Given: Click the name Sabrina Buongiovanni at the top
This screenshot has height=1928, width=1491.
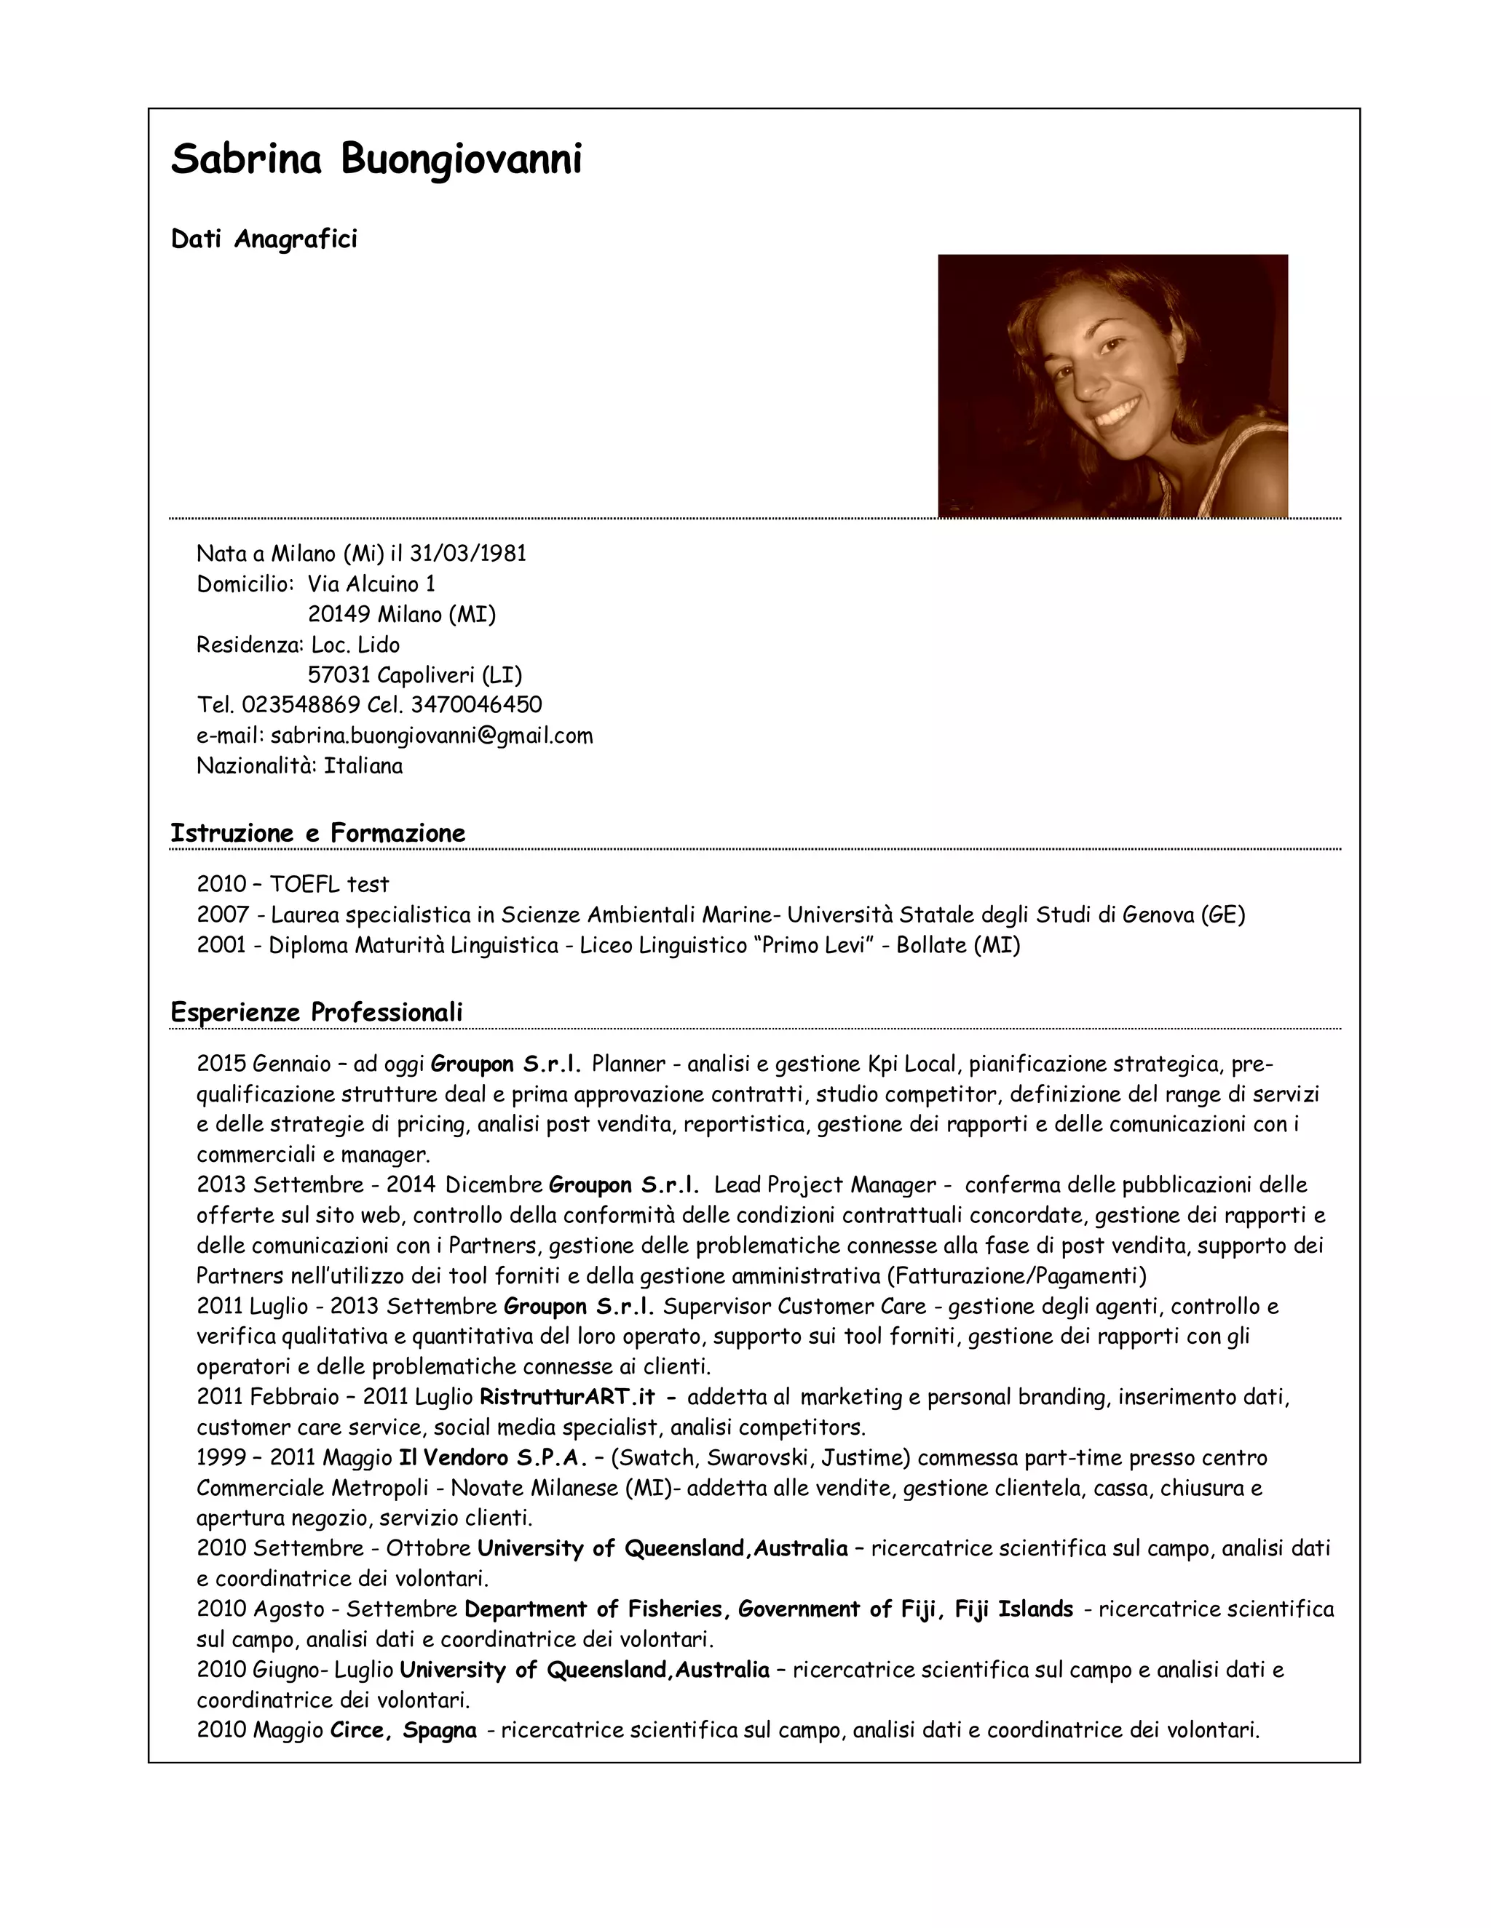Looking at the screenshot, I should (x=376, y=161).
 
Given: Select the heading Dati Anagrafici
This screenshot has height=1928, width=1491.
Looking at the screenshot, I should (x=264, y=239).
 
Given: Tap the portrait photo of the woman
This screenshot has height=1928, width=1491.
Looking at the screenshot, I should (x=1112, y=386).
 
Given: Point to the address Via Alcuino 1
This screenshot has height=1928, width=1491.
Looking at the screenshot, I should (x=371, y=583).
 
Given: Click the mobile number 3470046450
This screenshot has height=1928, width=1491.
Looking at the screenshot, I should (x=476, y=704).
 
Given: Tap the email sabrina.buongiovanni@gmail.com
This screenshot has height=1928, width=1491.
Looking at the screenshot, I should (x=431, y=736).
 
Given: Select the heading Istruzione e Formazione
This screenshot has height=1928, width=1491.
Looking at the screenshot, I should (x=317, y=832).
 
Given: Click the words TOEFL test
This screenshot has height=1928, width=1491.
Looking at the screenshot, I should (x=328, y=884).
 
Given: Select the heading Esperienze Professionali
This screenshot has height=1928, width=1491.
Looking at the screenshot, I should (x=316, y=1012).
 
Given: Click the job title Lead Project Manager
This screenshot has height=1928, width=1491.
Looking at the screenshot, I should (x=824, y=1184).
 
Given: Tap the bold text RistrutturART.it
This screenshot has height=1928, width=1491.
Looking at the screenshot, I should (x=567, y=1397).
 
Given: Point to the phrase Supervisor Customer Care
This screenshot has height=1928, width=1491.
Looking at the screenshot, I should (x=794, y=1306).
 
